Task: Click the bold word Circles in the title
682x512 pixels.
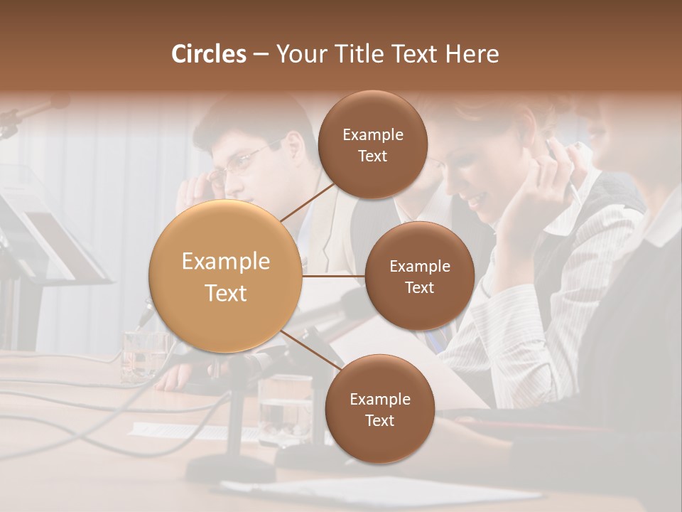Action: (209, 54)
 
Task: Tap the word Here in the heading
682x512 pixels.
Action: (472, 54)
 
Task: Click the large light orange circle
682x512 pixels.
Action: (226, 276)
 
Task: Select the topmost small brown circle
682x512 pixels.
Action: (372, 144)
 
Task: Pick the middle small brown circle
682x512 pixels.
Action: (419, 276)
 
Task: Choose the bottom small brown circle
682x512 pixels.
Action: (379, 409)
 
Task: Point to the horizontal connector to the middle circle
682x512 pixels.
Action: (333, 276)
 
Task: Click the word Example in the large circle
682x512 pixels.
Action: (226, 262)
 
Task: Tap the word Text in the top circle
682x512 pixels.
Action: (372, 156)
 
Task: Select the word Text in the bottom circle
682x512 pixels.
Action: (379, 420)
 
